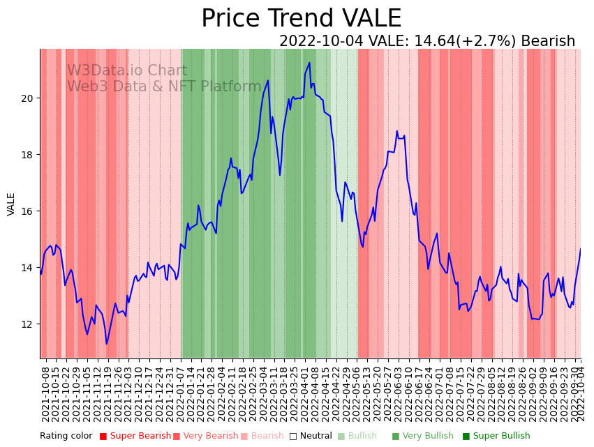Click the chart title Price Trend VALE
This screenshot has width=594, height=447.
pos(301,19)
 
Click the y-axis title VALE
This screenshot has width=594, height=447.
pos(11,204)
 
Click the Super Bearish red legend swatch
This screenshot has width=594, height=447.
pos(103,437)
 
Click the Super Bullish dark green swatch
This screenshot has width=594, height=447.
pos(466,437)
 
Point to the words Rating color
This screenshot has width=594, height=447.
pos(66,437)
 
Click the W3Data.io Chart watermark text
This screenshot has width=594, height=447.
pos(127,71)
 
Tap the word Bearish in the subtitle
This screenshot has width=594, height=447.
pos(547,41)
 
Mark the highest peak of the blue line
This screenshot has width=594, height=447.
pos(309,63)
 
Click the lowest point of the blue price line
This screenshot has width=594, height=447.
pos(107,343)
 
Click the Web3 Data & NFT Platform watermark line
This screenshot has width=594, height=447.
pos(164,86)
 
